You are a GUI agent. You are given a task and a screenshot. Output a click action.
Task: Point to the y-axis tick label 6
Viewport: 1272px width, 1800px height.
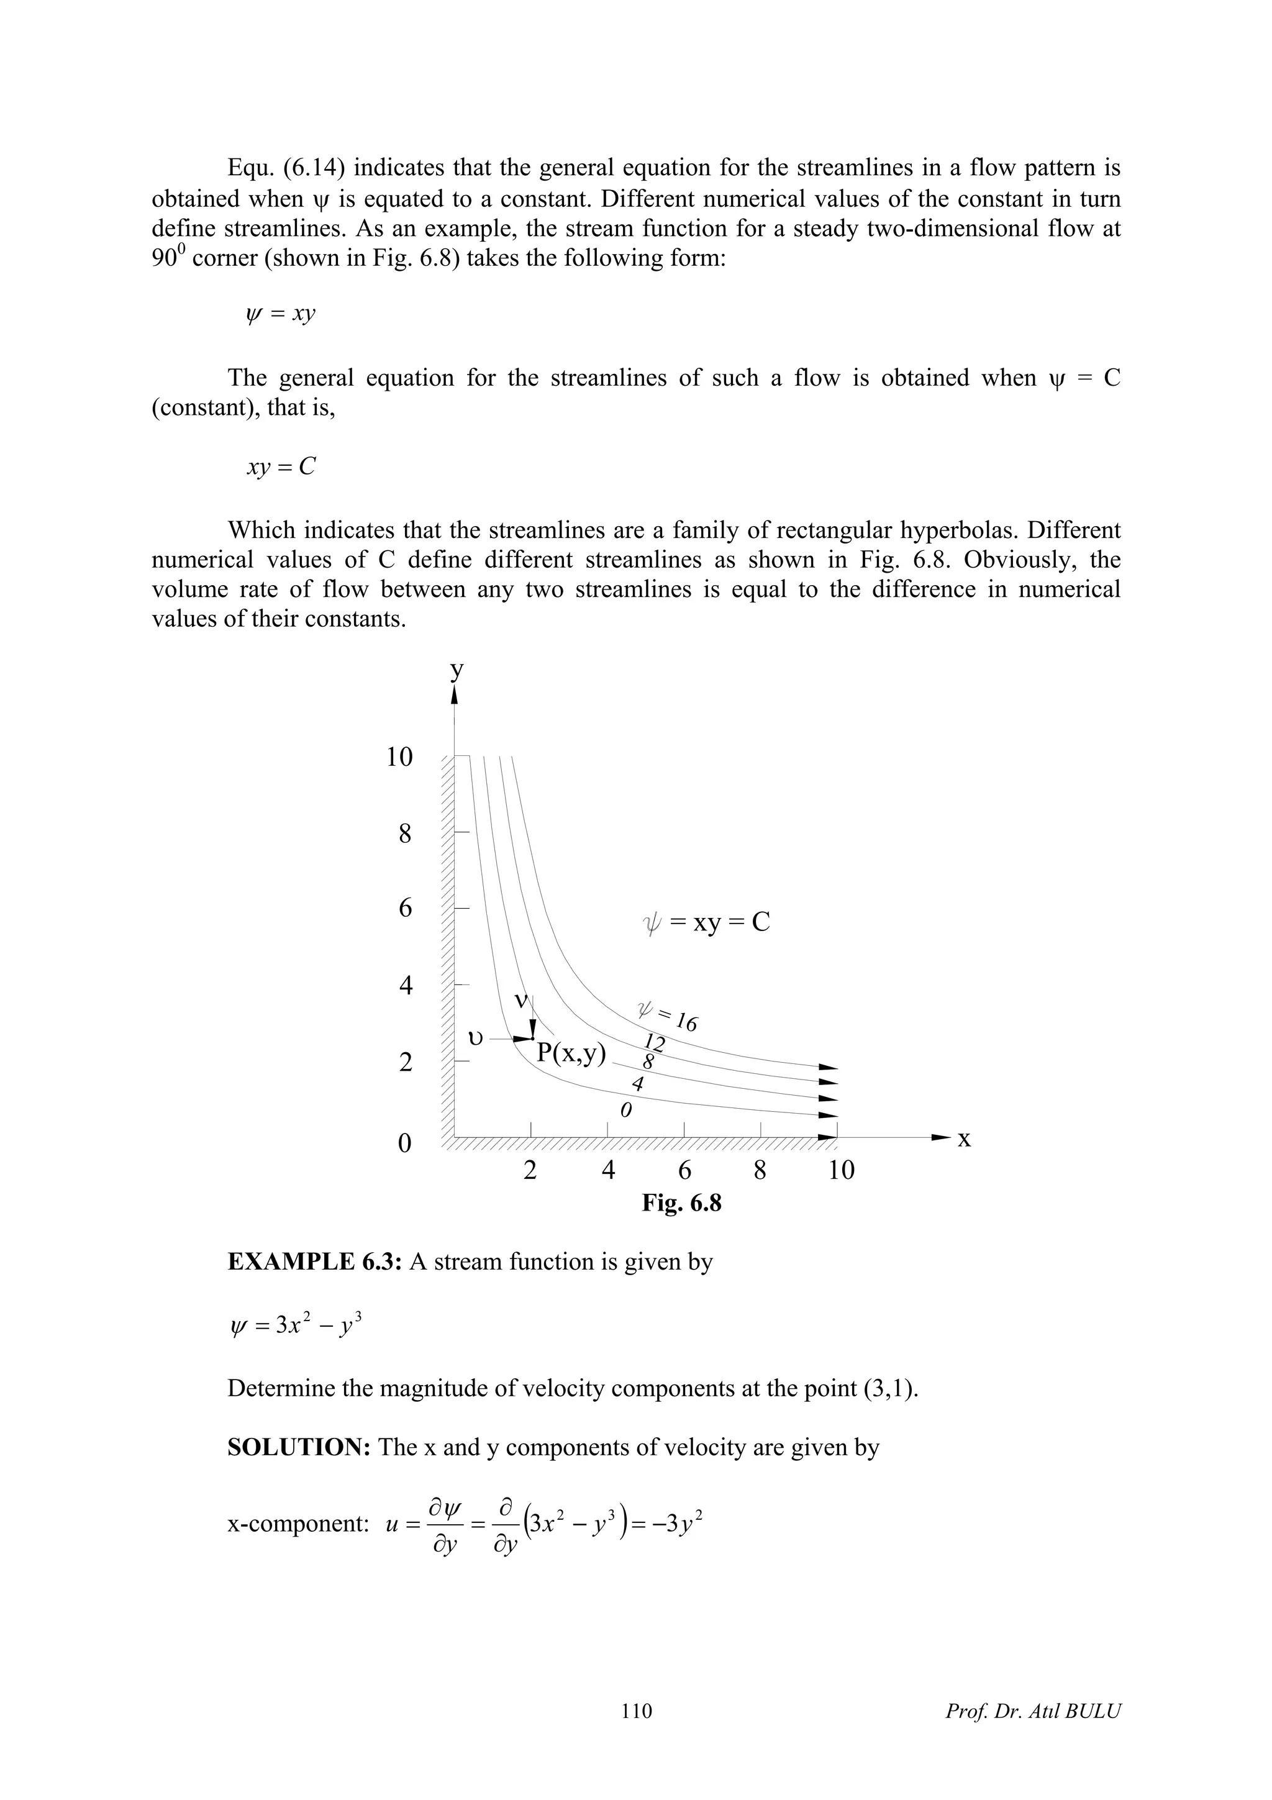(x=404, y=909)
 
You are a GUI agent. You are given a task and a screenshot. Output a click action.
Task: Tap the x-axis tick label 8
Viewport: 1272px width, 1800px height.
(x=760, y=1170)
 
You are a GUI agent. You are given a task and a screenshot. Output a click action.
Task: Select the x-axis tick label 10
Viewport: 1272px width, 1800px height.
(x=841, y=1170)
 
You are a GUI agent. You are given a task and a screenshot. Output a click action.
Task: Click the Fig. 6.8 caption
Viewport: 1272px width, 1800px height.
(x=681, y=1202)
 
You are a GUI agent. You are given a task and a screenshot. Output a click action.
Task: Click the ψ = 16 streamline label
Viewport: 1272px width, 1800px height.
(x=668, y=1017)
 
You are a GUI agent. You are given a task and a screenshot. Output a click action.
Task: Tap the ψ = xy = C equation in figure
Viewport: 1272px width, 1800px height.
(x=706, y=923)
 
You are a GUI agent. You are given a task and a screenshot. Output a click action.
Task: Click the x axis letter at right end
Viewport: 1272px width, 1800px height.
(x=964, y=1139)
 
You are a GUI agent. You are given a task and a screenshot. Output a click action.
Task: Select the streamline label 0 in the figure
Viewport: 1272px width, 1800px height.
(x=625, y=1111)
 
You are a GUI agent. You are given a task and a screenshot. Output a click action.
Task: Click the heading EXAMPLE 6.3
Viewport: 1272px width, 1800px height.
(x=314, y=1262)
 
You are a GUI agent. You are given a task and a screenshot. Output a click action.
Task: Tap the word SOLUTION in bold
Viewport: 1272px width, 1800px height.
(x=299, y=1447)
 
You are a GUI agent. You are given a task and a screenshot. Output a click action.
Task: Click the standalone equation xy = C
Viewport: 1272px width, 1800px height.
(x=281, y=467)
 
